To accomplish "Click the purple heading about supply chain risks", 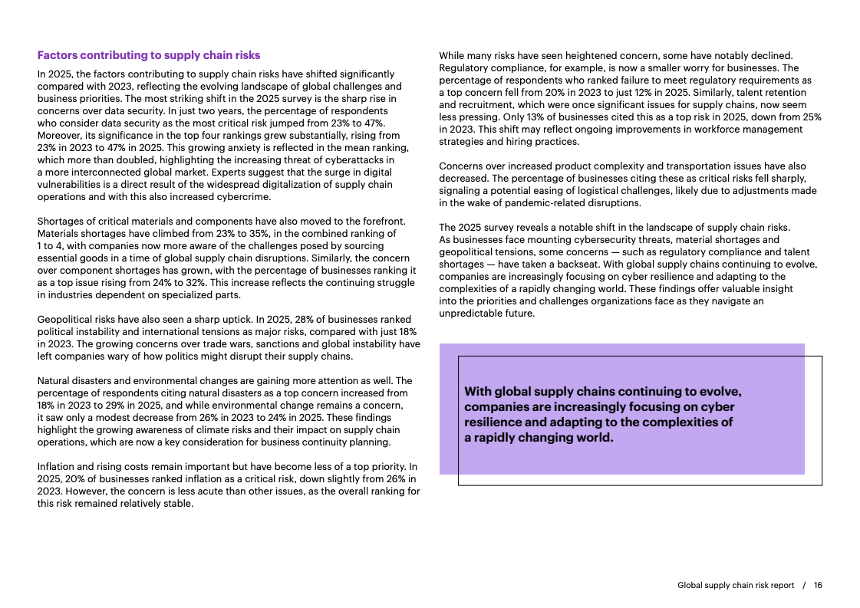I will (x=149, y=55).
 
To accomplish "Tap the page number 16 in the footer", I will (x=818, y=585).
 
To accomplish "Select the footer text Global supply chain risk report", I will (x=736, y=585).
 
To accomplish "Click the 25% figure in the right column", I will (x=811, y=117).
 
